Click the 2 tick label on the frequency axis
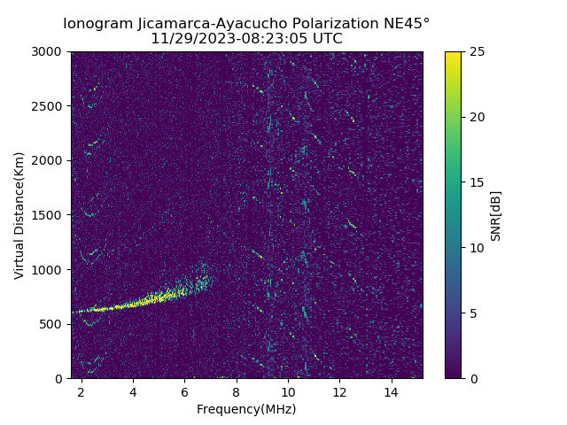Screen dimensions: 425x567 [82, 391]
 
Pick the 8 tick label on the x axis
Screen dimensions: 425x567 [237, 391]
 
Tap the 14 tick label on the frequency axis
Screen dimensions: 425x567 [391, 391]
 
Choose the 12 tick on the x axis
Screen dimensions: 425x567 [339, 391]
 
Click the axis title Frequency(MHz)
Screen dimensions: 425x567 [246, 409]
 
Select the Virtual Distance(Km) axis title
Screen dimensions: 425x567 [19, 215]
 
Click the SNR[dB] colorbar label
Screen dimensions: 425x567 [496, 215]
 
